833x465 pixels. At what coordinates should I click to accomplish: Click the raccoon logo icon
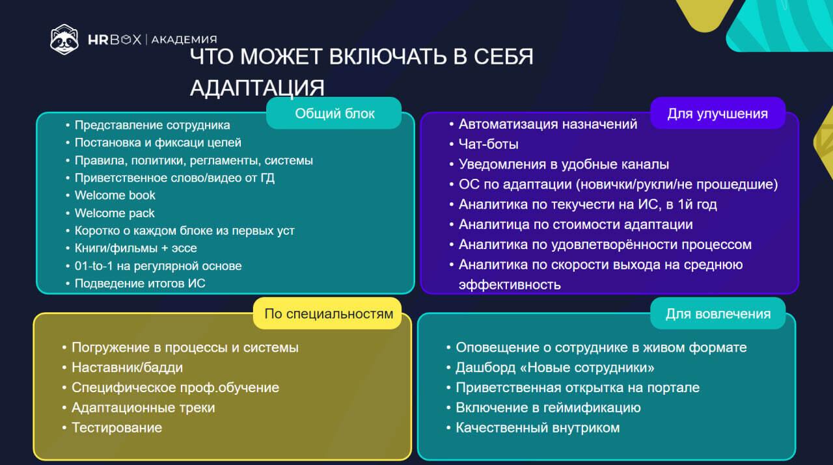[64, 39]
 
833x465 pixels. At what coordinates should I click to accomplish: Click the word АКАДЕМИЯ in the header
[184, 40]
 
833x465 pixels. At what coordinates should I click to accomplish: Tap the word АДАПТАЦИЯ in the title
[257, 88]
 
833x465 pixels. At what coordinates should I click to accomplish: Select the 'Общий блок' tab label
[335, 114]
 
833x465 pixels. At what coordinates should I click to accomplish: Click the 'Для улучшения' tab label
[717, 114]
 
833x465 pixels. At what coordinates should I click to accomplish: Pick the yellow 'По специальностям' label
[329, 314]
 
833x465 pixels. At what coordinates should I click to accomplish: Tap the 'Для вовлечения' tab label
[717, 314]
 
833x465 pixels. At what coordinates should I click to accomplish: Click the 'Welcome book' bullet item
[115, 195]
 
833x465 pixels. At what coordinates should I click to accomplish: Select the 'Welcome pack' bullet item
[115, 213]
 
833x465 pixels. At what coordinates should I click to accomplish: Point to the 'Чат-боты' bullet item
[488, 144]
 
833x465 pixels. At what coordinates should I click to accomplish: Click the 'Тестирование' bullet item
[116, 428]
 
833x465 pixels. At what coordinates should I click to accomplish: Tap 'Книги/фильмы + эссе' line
[135, 248]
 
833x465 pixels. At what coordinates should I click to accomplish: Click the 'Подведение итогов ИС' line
[140, 283]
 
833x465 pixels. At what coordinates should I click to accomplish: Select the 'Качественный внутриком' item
[537, 428]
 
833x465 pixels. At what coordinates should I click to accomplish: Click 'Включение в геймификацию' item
[548, 408]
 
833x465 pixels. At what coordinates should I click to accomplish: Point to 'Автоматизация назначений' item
[547, 124]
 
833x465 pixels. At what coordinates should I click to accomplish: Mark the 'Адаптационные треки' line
[143, 408]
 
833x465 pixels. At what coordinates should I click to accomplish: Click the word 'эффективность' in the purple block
[510, 285]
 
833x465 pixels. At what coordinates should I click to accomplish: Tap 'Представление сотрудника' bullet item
[152, 125]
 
